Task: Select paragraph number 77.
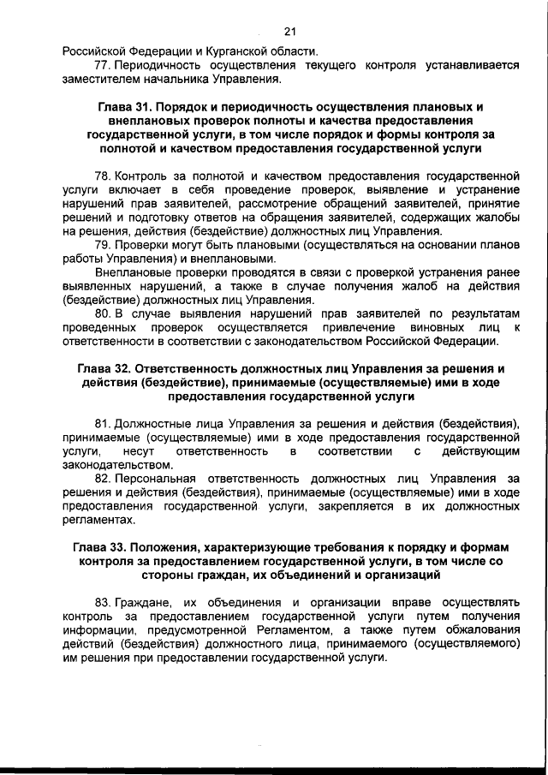pyautogui.click(x=102, y=65)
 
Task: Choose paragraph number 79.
pyautogui.click(x=102, y=245)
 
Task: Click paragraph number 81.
pyautogui.click(x=102, y=424)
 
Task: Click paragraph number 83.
pyautogui.click(x=102, y=602)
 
